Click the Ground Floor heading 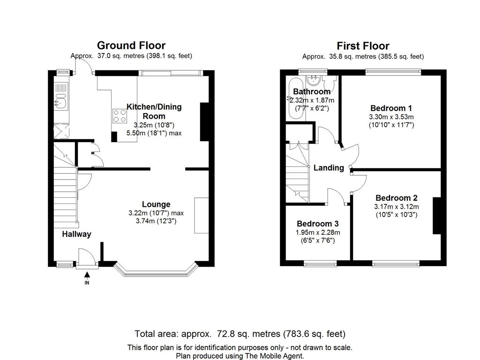(131, 45)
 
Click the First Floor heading (363, 46)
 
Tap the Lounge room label (156, 204)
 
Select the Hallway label (76, 234)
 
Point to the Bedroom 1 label (391, 108)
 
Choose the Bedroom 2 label (397, 198)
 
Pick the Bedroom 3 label (318, 224)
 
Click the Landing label (329, 168)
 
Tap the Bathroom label (312, 91)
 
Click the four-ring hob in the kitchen (120, 116)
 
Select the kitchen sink (61, 101)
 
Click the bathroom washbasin (314, 80)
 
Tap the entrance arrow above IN (87, 275)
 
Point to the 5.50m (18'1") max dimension (154, 133)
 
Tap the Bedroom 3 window (320, 263)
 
